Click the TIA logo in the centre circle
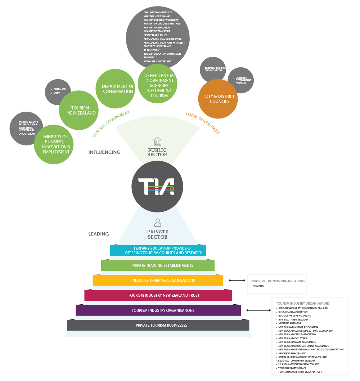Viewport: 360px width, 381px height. [157, 187]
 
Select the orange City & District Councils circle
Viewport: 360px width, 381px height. [218, 99]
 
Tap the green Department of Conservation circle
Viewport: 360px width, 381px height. [116, 89]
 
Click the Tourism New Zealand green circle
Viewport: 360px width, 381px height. [78, 110]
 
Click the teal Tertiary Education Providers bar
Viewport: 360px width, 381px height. [158, 250]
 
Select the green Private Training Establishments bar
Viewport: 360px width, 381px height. [158, 265]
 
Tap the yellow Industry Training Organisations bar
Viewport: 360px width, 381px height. [158, 280]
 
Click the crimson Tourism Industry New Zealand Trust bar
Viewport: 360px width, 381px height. [158, 295]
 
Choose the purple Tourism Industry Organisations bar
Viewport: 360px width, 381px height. [158, 310]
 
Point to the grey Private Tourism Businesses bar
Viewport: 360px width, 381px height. [158, 325]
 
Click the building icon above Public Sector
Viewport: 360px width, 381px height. [157, 141]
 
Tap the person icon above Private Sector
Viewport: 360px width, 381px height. [157, 222]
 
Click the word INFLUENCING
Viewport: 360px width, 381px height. [104, 152]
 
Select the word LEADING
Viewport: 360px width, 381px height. [99, 234]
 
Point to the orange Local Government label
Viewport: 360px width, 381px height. [203, 124]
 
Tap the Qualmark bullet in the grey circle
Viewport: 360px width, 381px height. [59, 89]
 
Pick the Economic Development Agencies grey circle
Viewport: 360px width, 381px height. [241, 80]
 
